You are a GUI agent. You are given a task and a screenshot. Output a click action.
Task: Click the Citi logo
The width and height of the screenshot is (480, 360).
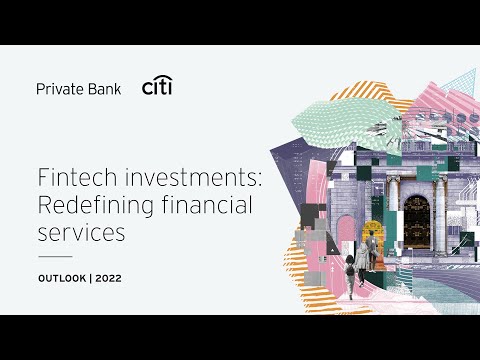(x=158, y=87)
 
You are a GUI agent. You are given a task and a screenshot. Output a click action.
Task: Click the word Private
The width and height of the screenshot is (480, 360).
(x=58, y=88)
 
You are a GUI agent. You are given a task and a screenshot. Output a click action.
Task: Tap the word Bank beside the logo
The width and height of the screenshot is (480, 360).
(x=103, y=88)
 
